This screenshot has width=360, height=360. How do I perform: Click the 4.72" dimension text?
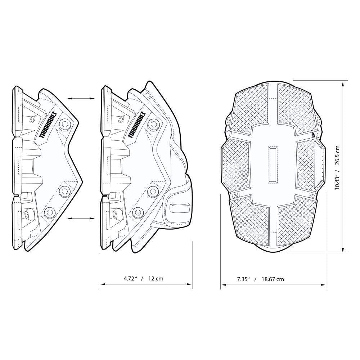click(131, 278)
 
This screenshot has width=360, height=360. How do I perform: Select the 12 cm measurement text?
click(156, 278)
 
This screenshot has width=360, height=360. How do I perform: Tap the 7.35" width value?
click(244, 279)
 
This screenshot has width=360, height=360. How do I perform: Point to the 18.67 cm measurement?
click(273, 279)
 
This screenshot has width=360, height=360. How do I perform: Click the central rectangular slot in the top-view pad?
click(274, 165)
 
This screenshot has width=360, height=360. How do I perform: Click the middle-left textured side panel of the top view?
click(237, 165)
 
